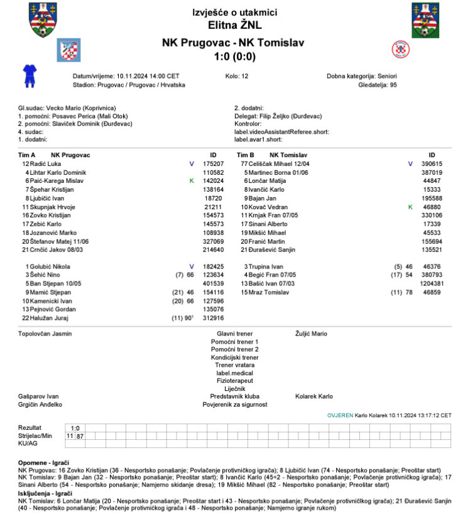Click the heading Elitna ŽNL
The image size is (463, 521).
(x=234, y=26)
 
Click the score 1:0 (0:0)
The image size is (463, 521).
(x=234, y=56)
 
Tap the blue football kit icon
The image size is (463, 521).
(x=29, y=75)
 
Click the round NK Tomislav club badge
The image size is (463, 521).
(x=400, y=50)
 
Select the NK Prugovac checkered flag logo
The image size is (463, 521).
(x=68, y=50)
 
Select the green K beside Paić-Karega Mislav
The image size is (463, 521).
(x=192, y=180)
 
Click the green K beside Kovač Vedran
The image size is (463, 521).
(x=410, y=207)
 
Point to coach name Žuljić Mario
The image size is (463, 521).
(x=311, y=334)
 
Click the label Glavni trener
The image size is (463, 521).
(x=234, y=334)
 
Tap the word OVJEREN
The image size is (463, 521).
(x=340, y=415)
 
